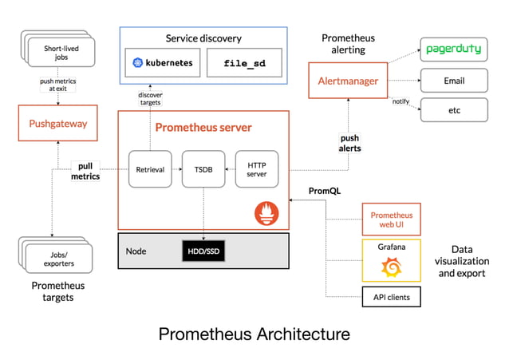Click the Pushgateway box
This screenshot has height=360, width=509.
[x=58, y=124]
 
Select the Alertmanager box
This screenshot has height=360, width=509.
[x=348, y=81]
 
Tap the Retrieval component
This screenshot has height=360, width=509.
[x=149, y=169]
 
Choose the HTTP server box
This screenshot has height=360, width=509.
[x=256, y=169]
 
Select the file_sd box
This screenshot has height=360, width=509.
[x=243, y=62]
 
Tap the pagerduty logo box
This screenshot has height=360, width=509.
[x=453, y=49]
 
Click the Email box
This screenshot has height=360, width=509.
[x=453, y=81]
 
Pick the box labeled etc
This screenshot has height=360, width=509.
[x=453, y=110]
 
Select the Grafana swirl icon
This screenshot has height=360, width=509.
[x=392, y=267]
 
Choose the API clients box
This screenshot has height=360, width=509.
[x=392, y=298]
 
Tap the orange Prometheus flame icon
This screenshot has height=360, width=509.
[x=266, y=213]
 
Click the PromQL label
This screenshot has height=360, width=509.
[x=325, y=191]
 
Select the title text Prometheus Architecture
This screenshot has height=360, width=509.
[x=254, y=334]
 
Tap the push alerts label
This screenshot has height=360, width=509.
[x=350, y=143]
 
